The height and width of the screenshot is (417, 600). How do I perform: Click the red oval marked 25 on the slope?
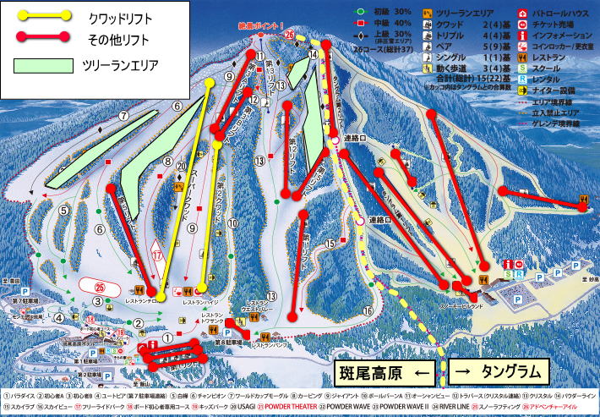100,287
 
